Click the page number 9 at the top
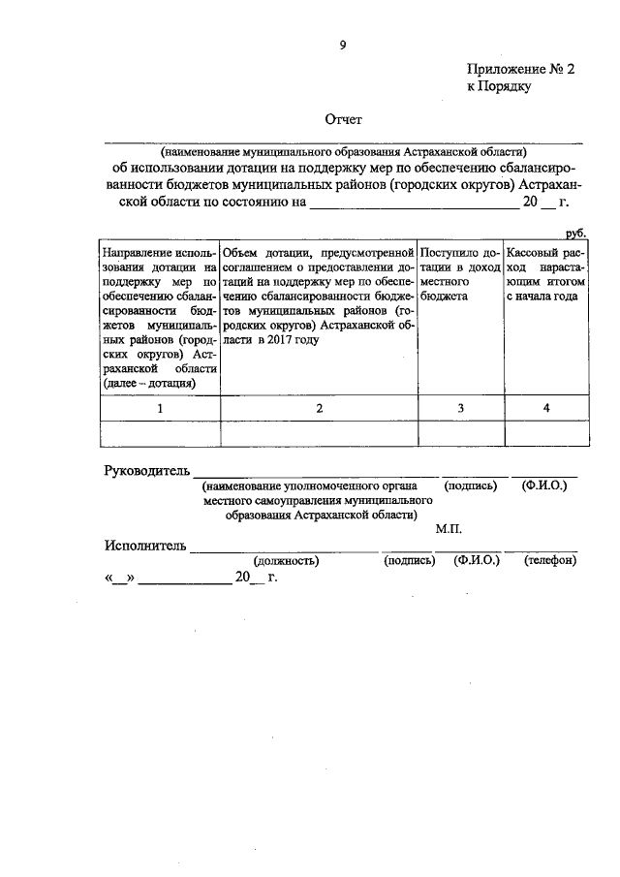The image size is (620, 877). [342, 44]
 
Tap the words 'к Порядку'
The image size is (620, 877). [500, 87]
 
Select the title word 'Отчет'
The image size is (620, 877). [342, 121]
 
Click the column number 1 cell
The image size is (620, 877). [160, 408]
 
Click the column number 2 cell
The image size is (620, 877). [319, 408]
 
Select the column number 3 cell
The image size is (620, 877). [460, 408]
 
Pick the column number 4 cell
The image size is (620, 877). [545, 408]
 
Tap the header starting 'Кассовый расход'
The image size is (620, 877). [545, 275]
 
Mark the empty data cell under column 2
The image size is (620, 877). [319, 433]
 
